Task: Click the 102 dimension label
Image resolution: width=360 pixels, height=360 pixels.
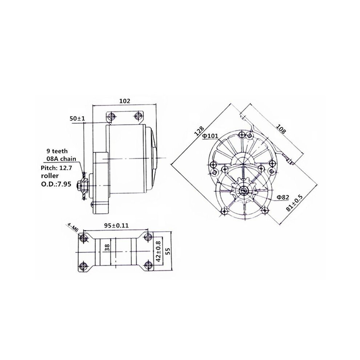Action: (x=125, y=101)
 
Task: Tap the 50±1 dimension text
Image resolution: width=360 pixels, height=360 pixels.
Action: (x=77, y=119)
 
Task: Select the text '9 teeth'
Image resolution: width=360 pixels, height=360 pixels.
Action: (x=57, y=151)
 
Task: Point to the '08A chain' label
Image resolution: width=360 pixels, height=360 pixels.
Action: (x=60, y=159)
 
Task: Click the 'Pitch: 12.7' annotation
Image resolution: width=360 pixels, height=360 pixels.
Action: (x=56, y=168)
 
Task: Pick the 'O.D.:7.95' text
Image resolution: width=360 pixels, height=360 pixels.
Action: (x=56, y=184)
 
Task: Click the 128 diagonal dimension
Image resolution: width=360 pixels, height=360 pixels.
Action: (x=199, y=131)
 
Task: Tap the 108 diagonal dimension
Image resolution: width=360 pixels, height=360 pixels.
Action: (x=281, y=129)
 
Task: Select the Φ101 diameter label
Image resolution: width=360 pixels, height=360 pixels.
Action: (x=210, y=136)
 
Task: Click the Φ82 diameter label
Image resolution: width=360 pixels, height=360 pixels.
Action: (x=283, y=197)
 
